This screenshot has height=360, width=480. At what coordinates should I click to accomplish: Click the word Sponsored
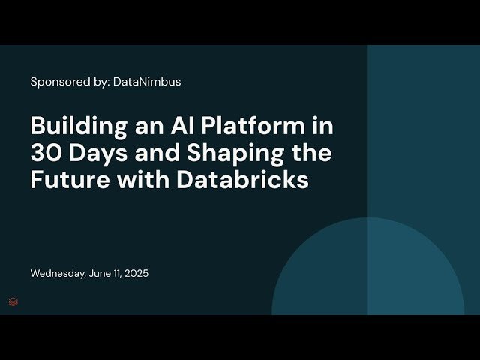58,82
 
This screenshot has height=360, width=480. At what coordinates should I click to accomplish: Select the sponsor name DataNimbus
147,82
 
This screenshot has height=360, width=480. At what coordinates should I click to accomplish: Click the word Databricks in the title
248,181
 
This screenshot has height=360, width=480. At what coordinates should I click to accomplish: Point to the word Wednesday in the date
57,274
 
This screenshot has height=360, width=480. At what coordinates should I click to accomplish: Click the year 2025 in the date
136,274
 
